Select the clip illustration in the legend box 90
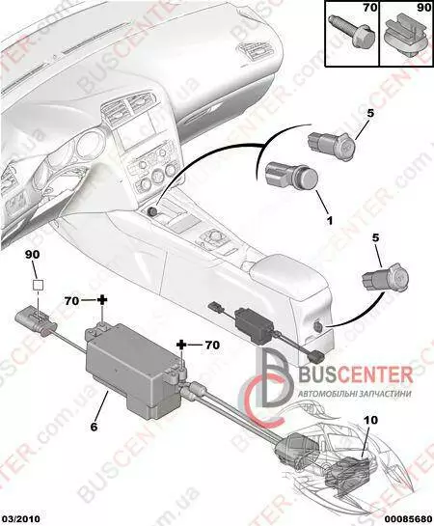[406, 38]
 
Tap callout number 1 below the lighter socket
[330, 220]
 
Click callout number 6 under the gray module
[95, 427]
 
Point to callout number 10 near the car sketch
[369, 420]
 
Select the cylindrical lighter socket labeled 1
[291, 175]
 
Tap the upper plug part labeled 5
[331, 147]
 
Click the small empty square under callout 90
[38, 285]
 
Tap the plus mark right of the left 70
[102, 300]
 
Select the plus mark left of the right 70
[181, 345]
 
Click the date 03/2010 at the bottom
[20, 519]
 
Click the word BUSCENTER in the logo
[356, 376]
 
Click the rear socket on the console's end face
[316, 325]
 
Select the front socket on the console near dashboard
[152, 211]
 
